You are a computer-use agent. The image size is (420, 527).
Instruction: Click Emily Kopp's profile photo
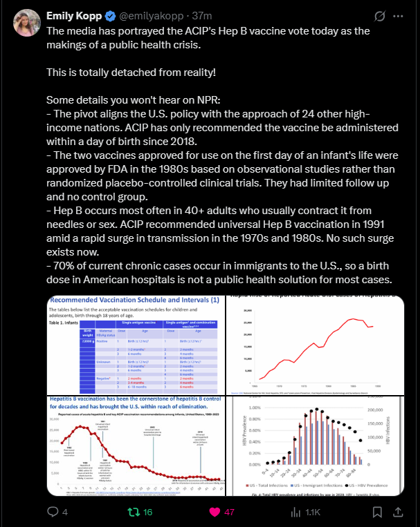(24, 23)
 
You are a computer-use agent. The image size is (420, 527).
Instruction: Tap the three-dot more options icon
(396, 15)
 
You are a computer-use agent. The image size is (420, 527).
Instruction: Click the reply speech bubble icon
(52, 512)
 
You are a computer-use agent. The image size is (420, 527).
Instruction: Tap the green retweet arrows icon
(133, 512)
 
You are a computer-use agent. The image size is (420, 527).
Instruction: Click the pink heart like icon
(214, 512)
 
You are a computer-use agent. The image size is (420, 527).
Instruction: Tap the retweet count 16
(148, 512)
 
